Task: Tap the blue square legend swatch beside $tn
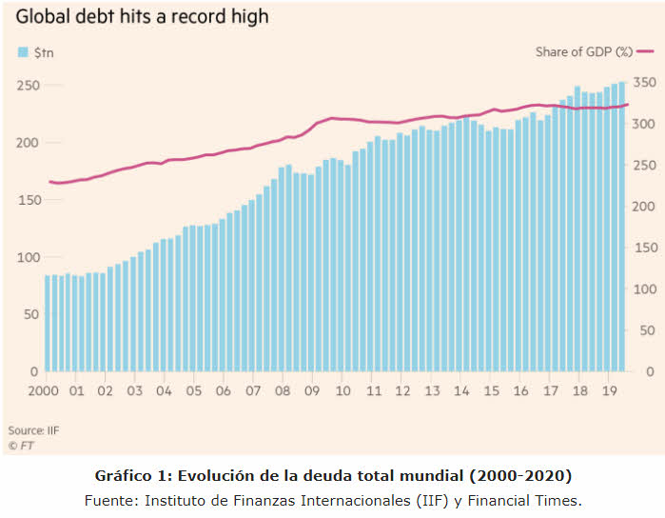click(x=22, y=52)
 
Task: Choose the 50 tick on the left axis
click(x=29, y=314)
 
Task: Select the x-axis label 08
click(x=284, y=390)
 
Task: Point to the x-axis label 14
click(x=460, y=390)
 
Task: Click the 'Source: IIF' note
click(x=33, y=430)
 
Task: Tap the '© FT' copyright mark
click(x=21, y=445)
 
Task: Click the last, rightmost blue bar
click(x=622, y=227)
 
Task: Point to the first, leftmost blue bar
click(x=48, y=324)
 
